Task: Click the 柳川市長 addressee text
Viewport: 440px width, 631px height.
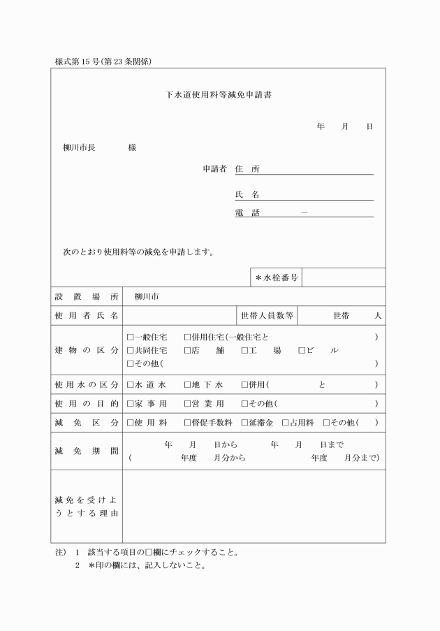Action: click(x=79, y=148)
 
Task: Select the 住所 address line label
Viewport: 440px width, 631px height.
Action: click(x=247, y=168)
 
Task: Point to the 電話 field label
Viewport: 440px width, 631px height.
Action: click(x=247, y=213)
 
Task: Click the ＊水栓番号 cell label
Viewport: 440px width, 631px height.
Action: click(x=277, y=277)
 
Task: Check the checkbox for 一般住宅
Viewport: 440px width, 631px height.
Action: click(x=131, y=337)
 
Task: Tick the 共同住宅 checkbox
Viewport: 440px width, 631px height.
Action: click(x=131, y=350)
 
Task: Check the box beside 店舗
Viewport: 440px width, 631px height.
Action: click(x=187, y=350)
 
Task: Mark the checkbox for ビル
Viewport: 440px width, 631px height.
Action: click(x=302, y=350)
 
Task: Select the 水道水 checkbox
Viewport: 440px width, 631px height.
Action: click(x=131, y=385)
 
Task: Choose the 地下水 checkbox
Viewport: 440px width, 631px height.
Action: click(x=187, y=385)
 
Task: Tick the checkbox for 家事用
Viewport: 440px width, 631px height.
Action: click(x=131, y=404)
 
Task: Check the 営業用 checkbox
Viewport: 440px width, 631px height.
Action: click(x=187, y=404)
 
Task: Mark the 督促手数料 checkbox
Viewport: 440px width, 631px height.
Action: click(x=187, y=423)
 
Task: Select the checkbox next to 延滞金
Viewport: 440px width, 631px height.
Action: click(x=244, y=423)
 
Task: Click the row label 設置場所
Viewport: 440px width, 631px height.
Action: click(x=87, y=296)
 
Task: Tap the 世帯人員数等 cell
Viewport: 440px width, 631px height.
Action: click(x=267, y=316)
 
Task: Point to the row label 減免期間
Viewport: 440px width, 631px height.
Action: click(x=87, y=451)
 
